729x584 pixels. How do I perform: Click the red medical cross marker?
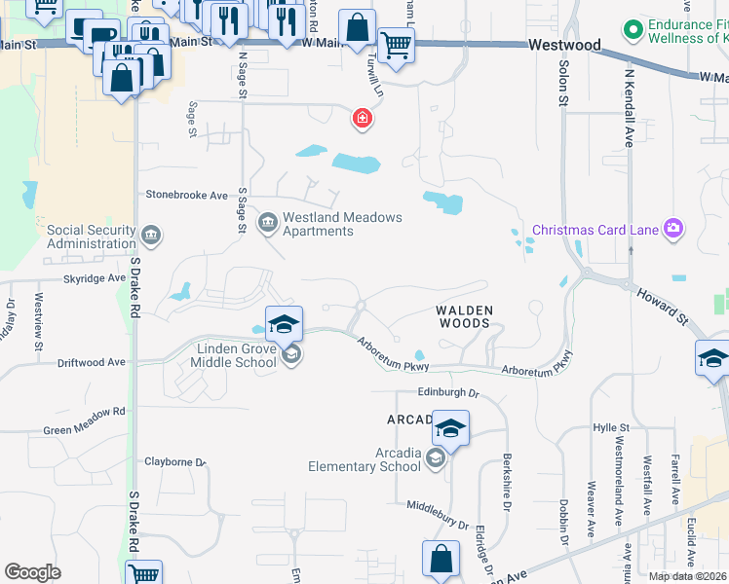tap(362, 119)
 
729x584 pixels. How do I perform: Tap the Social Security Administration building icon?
tap(150, 235)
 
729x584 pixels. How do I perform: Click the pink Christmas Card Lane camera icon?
tap(672, 229)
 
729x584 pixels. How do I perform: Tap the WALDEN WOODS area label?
tap(465, 316)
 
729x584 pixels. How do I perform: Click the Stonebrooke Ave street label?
tap(186, 195)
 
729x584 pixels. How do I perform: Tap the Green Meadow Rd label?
tap(85, 411)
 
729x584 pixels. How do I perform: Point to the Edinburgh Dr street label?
tap(448, 393)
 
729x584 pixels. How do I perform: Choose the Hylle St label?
tap(612, 427)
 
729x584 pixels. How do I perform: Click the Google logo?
tap(32, 572)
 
